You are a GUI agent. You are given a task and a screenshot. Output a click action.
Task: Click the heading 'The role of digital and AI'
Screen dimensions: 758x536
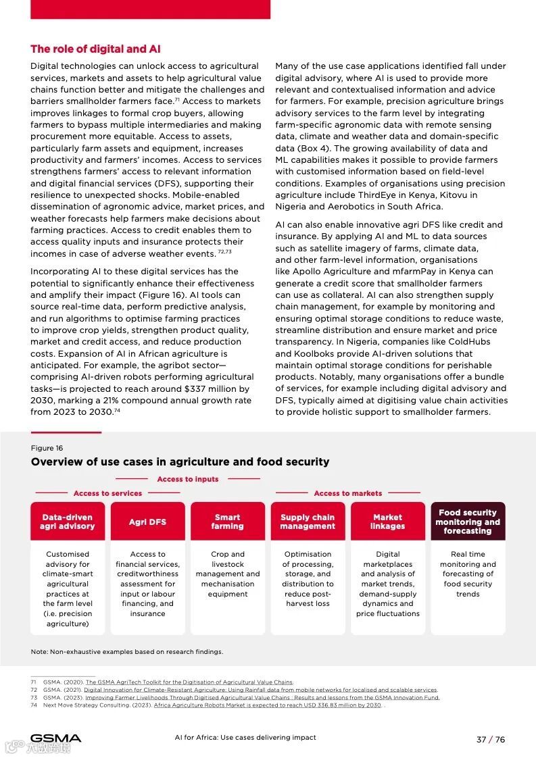[x=95, y=49]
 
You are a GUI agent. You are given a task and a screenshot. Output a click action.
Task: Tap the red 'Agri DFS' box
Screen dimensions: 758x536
[x=147, y=522]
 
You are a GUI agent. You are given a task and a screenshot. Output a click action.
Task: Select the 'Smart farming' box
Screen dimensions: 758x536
[x=227, y=522]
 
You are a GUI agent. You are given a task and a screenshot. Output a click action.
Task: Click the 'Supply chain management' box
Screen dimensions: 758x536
[x=308, y=522]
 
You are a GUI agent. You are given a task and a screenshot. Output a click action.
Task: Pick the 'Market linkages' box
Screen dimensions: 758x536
[x=388, y=522]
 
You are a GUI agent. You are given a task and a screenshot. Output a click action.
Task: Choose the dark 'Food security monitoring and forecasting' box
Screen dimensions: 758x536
[x=468, y=522]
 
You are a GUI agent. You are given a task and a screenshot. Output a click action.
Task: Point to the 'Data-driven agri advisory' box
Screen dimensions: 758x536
[x=68, y=522]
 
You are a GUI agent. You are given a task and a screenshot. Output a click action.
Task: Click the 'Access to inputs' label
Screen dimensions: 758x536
[x=188, y=479]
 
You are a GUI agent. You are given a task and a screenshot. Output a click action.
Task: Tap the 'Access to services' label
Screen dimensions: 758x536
[x=107, y=493]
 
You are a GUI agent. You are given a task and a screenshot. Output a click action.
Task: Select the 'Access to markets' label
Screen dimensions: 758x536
[x=347, y=493]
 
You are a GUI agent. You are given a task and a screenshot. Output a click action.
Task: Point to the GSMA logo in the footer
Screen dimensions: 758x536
[x=55, y=738]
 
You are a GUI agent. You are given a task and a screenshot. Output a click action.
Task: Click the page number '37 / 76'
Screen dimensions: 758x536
[x=490, y=739]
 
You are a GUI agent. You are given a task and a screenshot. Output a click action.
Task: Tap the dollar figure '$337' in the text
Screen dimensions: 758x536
[x=197, y=389]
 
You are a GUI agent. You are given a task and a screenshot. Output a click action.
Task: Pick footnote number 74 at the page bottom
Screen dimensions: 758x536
[x=33, y=705]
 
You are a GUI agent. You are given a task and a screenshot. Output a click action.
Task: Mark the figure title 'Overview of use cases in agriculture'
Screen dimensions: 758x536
[x=180, y=462]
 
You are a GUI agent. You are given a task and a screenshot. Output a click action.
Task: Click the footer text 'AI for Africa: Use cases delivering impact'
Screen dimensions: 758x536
[x=245, y=737]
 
